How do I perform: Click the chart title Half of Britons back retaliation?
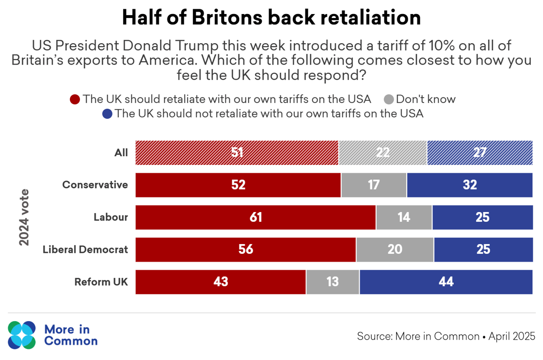coord(271,18)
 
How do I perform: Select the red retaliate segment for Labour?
coord(256,217)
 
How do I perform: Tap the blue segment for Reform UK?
coord(446,282)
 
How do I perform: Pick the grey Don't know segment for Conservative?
coord(374,185)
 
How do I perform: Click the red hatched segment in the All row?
coord(237,153)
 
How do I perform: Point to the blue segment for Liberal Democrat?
coord(483,249)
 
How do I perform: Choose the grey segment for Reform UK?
coord(333,282)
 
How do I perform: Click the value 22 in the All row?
coord(383,153)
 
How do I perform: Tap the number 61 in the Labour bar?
coord(256,217)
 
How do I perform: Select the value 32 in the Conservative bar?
coord(470,185)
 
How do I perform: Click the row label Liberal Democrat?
coord(85,249)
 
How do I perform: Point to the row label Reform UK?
coord(101,282)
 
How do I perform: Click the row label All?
coord(121,153)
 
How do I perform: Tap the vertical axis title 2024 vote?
coord(24,217)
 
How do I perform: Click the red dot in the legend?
coord(75,99)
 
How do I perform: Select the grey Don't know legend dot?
coord(388,99)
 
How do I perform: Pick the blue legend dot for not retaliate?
coord(107,114)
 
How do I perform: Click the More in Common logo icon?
coord(22,335)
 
